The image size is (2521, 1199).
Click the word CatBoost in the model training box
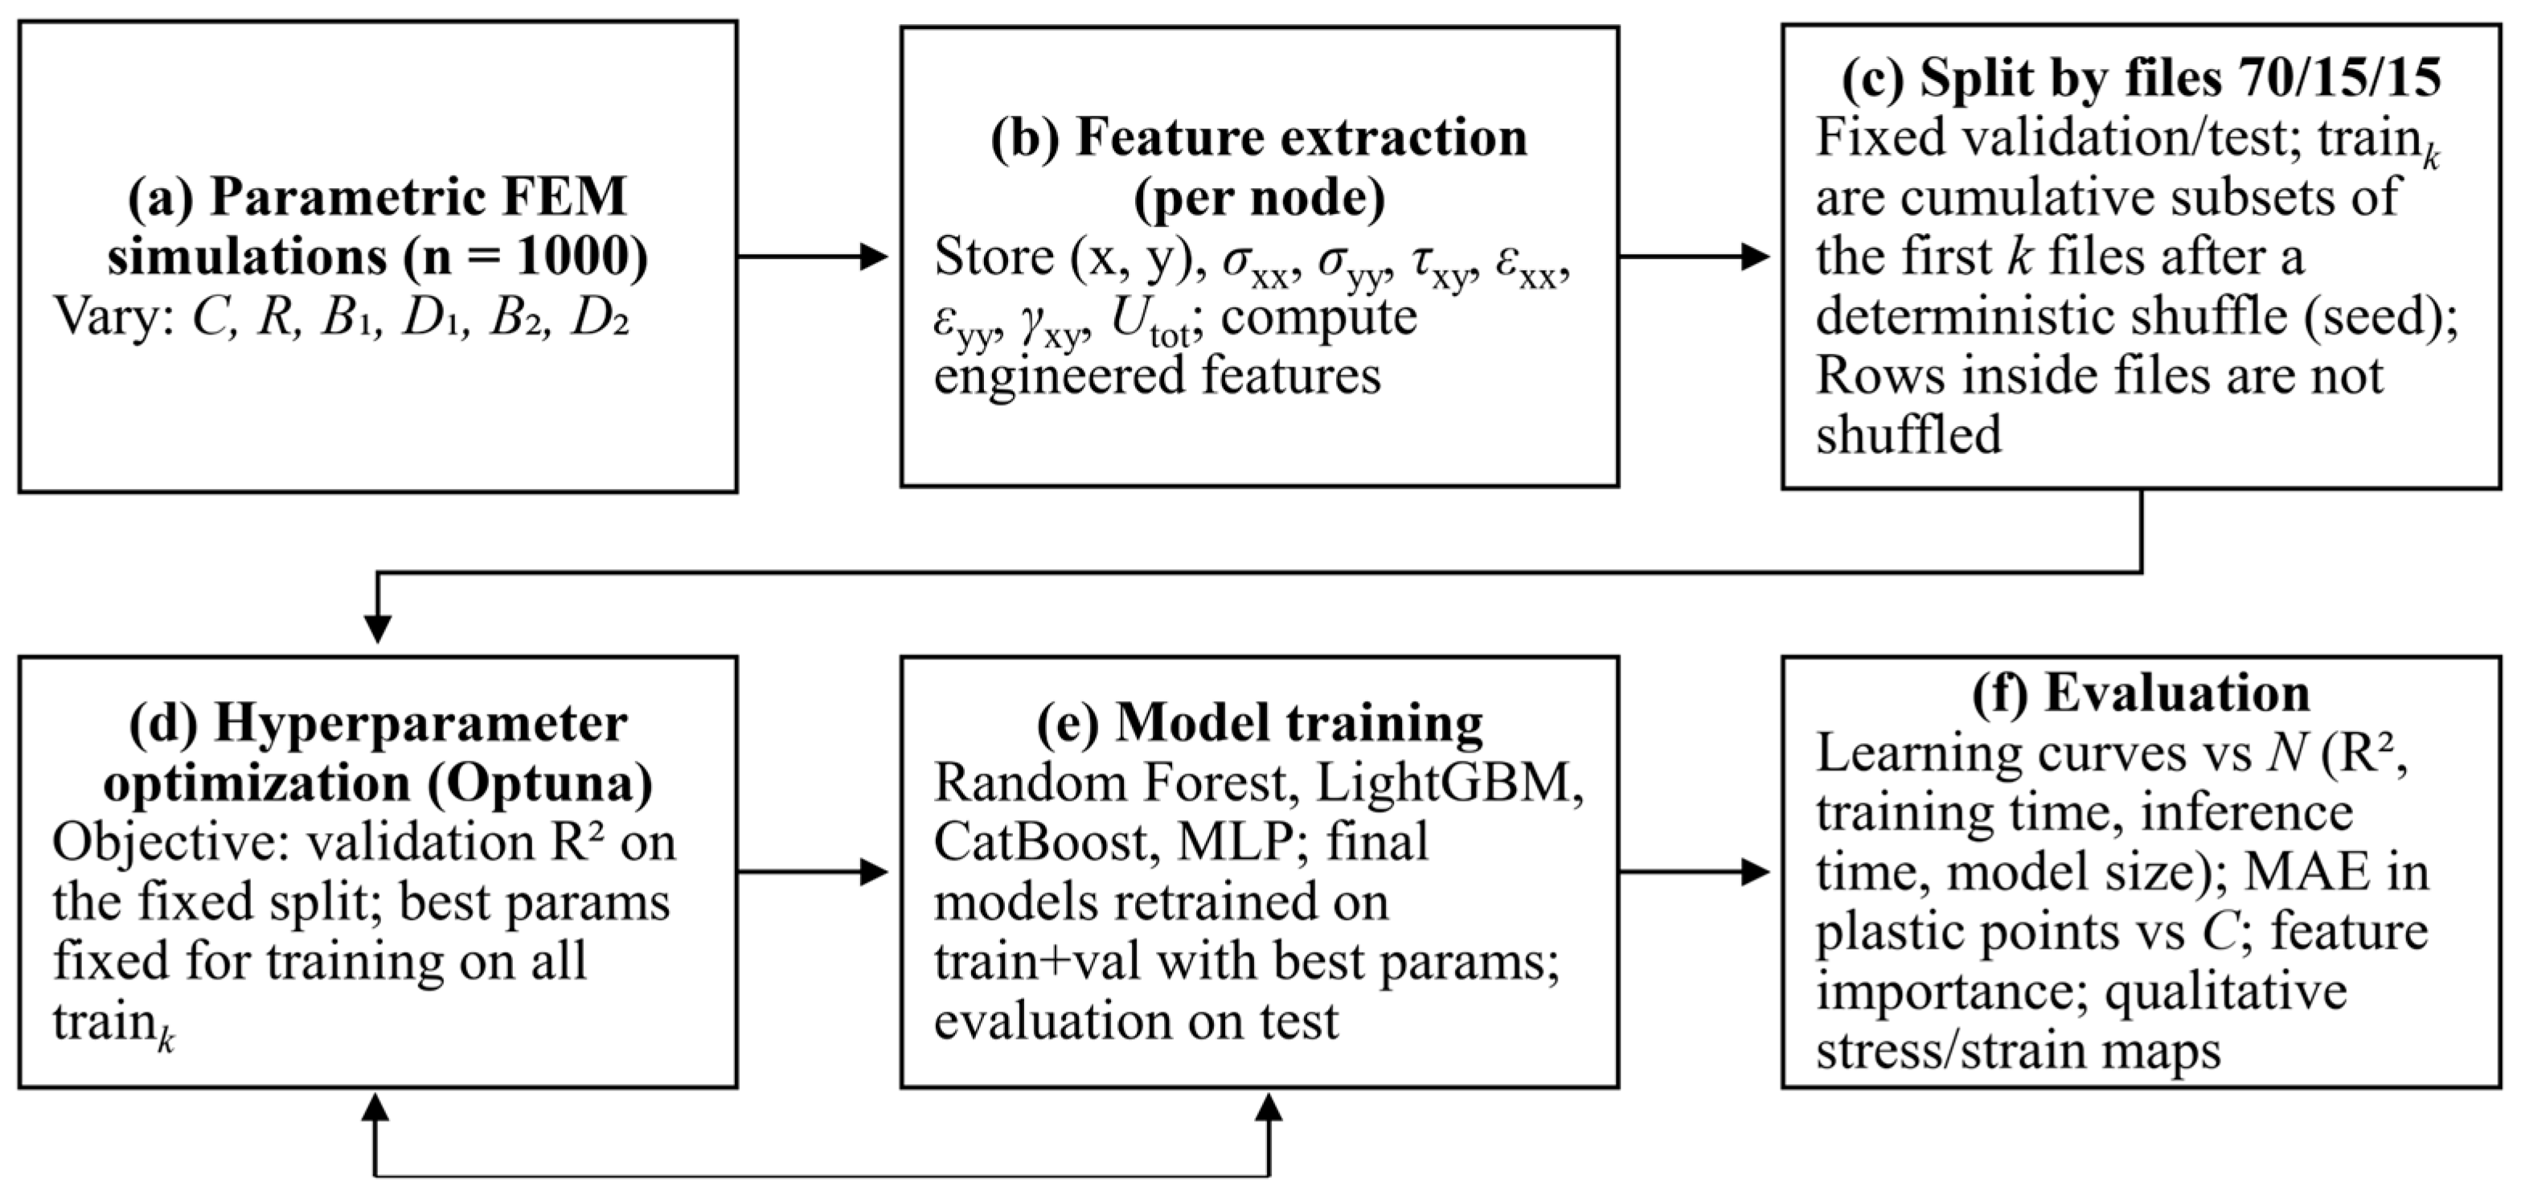pos(1040,843)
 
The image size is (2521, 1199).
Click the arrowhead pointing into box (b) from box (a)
pos(874,257)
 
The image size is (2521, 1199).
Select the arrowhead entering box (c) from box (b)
pos(1756,257)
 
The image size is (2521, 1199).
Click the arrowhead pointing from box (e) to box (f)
pos(1756,871)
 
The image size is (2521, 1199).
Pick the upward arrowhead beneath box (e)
pos(1269,1108)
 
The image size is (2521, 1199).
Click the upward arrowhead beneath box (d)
pos(375,1108)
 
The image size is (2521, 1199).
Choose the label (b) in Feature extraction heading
pos(1025,138)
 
